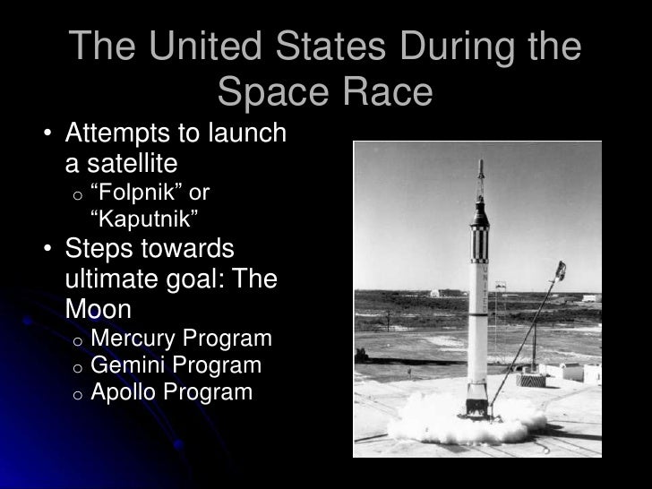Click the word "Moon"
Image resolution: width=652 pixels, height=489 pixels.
pyautogui.click(x=99, y=309)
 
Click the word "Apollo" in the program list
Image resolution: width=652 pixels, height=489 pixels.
pyautogui.click(x=121, y=392)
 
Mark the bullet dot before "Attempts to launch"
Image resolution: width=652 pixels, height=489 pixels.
pyautogui.click(x=46, y=136)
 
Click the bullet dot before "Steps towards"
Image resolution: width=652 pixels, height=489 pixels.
pyautogui.click(x=46, y=249)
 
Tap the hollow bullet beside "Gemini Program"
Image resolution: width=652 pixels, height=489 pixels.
pyautogui.click(x=78, y=367)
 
